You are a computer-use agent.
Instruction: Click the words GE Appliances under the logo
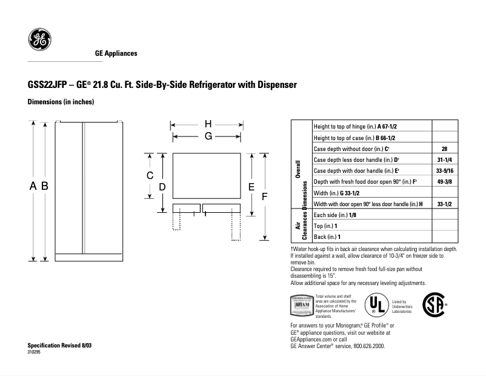point(116,53)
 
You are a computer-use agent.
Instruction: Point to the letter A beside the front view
point(34,187)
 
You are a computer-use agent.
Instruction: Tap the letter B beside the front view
point(45,187)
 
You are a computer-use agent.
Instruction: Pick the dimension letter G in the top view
point(207,136)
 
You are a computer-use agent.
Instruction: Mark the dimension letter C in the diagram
point(150,175)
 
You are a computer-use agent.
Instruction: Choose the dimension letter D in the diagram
point(162,187)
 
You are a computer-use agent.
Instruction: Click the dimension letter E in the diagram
point(251,187)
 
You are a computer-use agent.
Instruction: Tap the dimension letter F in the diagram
point(265,197)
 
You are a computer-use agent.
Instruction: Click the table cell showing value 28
point(444,149)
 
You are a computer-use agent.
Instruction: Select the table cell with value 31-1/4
point(444,159)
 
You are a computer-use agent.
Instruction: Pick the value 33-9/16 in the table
point(444,170)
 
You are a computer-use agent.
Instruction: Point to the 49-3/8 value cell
point(444,181)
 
